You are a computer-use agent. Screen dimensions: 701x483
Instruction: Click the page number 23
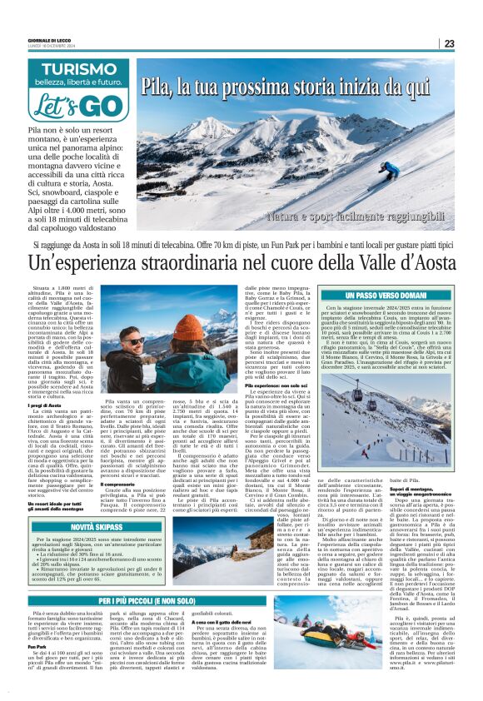pos(471,43)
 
